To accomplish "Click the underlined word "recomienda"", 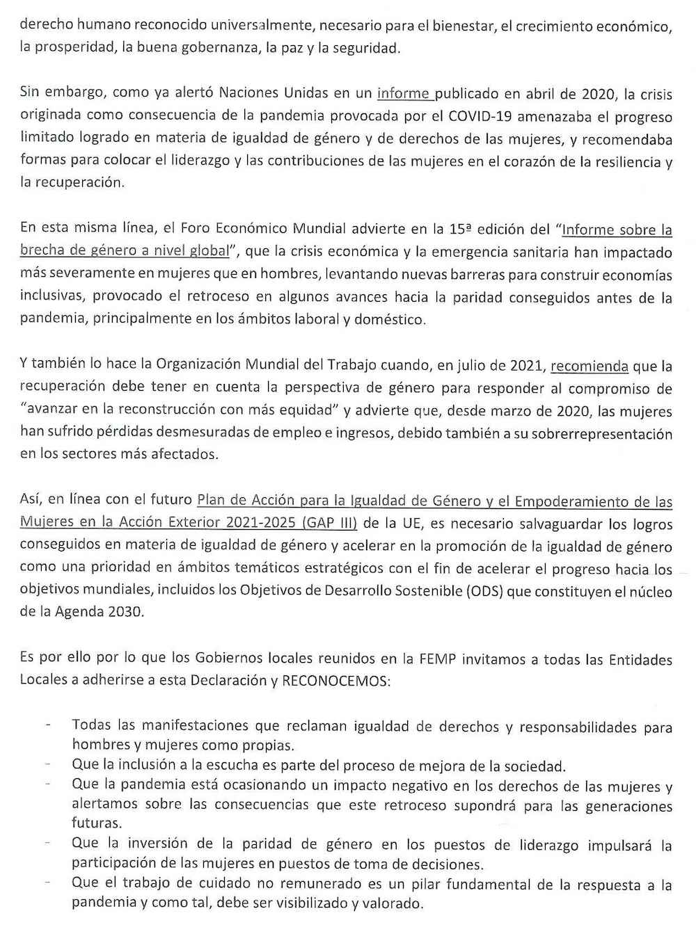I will click(x=590, y=366).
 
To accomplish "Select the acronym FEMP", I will click(x=438, y=658).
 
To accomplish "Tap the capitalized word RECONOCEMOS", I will click(x=336, y=680).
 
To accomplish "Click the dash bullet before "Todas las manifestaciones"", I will click(x=47, y=725).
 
